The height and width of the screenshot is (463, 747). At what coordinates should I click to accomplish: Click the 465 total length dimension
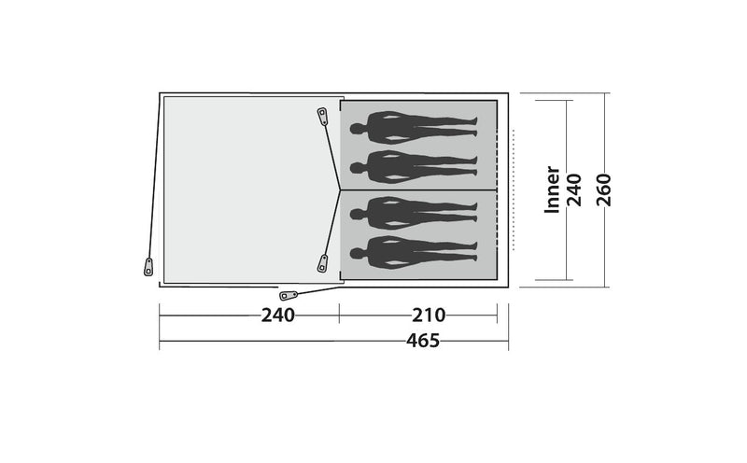coord(423,341)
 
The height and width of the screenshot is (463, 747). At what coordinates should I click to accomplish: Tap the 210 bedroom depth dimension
coord(429,316)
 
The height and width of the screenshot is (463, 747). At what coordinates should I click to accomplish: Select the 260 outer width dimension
coord(603,189)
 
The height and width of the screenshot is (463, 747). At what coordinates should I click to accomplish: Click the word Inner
coord(552,189)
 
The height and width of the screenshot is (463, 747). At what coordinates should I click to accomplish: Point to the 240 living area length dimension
coord(277,316)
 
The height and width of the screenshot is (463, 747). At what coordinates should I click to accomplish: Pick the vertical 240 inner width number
coord(573,189)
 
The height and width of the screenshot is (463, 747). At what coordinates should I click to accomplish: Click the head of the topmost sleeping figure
coord(357,129)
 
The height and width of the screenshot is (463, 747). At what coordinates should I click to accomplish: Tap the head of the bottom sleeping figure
coord(357,253)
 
